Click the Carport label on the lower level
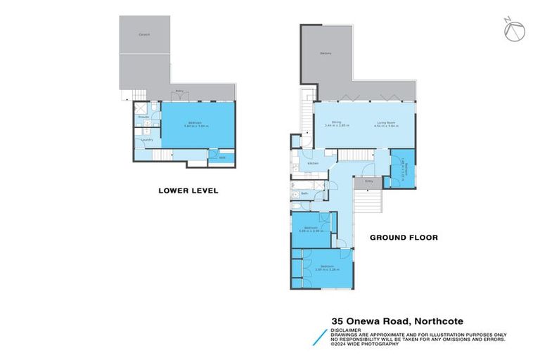pyautogui.click(x=144, y=34)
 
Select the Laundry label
pyautogui.click(x=147, y=140)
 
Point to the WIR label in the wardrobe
pyautogui.click(x=221, y=157)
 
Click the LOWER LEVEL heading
pyautogui.click(x=188, y=191)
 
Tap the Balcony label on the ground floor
pyautogui.click(x=326, y=53)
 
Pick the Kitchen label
pyautogui.click(x=313, y=163)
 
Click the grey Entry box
pyautogui.click(x=367, y=183)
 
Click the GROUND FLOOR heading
pyautogui.click(x=404, y=238)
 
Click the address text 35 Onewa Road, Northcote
pyautogui.click(x=397, y=321)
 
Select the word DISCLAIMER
pyautogui.click(x=348, y=328)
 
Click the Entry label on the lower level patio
pyautogui.click(x=180, y=90)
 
